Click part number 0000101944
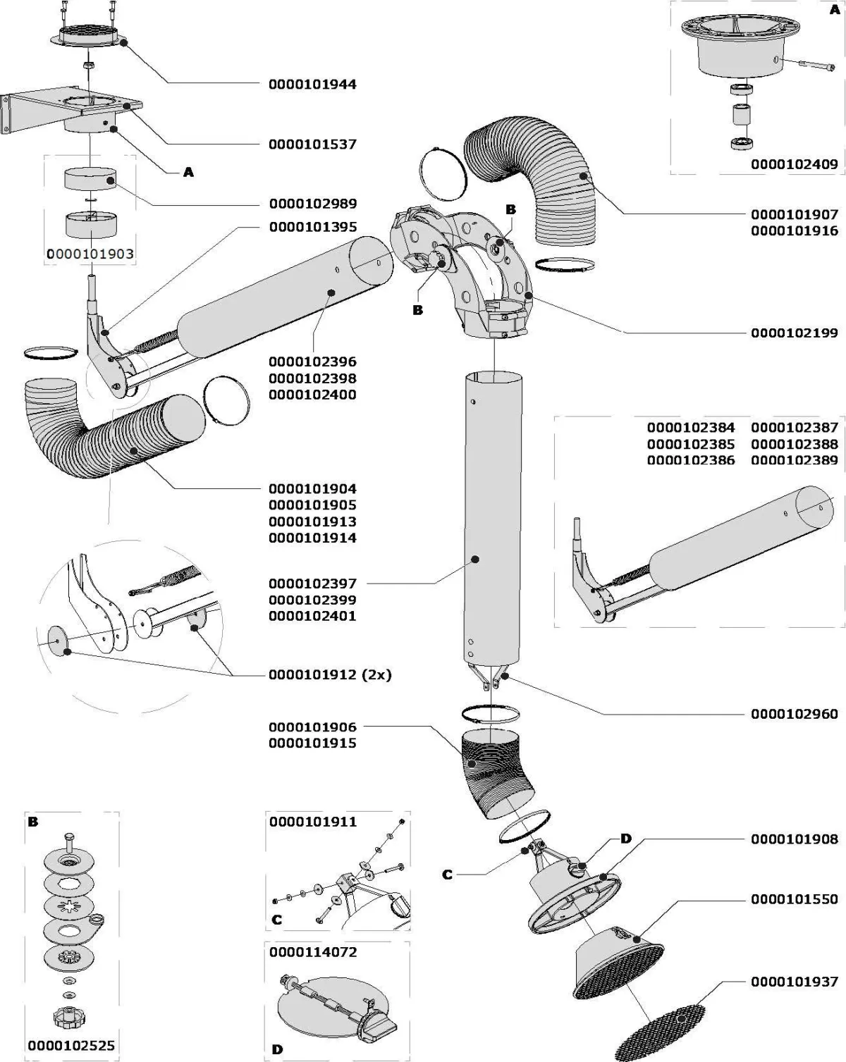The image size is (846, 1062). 312,85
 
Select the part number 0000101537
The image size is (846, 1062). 312,144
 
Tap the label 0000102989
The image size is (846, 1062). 312,204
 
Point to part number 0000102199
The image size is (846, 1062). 795,332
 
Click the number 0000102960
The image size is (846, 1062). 795,714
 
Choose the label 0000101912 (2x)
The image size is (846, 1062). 329,674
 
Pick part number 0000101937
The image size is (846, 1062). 795,982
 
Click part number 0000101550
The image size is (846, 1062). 795,899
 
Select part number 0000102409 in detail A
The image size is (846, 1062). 795,164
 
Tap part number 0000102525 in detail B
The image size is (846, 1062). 71,1046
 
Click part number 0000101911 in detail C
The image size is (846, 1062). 313,822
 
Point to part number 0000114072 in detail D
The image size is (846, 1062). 313,952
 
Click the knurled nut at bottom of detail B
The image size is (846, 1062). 69,1016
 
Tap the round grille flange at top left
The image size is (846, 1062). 89,35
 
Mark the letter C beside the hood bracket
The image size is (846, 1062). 447,875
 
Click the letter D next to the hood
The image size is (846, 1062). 625,839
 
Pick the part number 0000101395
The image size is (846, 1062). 312,227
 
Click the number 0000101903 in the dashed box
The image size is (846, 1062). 90,254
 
